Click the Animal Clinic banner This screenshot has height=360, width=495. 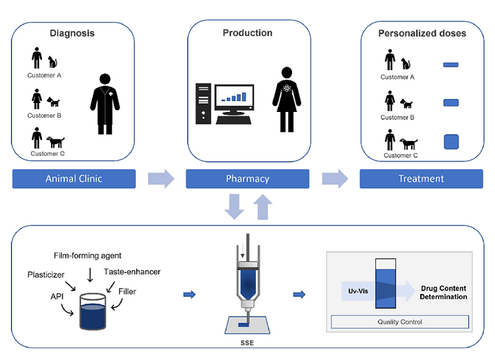point(74,179)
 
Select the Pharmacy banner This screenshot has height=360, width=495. point(247,179)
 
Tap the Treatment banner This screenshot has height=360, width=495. point(421,179)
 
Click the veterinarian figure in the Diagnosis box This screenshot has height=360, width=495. point(104,104)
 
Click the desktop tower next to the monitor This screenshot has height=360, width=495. point(203,104)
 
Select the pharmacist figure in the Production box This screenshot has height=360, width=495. point(287,100)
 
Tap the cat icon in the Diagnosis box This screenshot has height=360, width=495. point(52,62)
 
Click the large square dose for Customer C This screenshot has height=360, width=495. point(451,142)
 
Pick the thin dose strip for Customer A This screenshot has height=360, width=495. point(451,65)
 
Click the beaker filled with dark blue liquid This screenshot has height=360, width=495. point(93,312)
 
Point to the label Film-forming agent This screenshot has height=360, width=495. point(87,256)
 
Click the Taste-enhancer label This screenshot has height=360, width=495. point(132,271)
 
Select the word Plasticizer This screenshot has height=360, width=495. point(46,275)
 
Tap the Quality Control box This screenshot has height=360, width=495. point(399,322)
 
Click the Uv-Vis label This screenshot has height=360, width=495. point(358,291)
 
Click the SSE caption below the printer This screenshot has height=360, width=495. point(247,343)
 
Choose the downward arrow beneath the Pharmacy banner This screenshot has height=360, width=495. point(234,207)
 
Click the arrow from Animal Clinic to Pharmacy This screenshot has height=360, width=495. point(162,179)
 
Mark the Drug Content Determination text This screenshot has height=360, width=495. point(443,293)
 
